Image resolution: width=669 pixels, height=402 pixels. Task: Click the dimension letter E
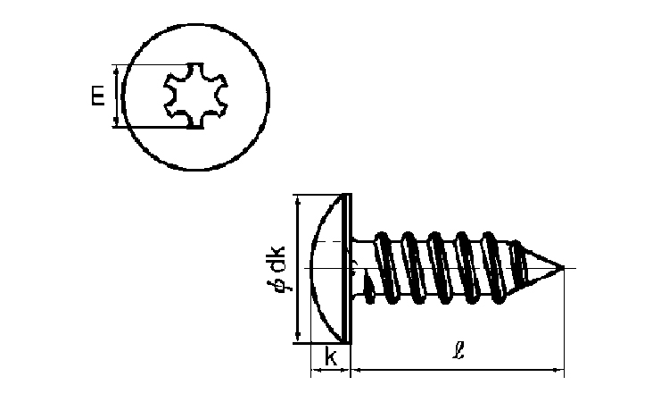(98, 96)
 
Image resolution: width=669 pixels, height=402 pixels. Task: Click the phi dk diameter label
(278, 269)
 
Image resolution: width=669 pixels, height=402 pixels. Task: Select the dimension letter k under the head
(331, 356)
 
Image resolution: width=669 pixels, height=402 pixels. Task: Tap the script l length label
(458, 351)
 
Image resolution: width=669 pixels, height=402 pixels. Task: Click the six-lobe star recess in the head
(195, 96)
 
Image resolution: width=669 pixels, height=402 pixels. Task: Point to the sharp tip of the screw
(564, 268)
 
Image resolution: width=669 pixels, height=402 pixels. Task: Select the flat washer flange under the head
(348, 268)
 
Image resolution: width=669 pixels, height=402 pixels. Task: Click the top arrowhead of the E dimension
(116, 70)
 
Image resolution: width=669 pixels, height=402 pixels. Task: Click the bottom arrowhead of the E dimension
(116, 122)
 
